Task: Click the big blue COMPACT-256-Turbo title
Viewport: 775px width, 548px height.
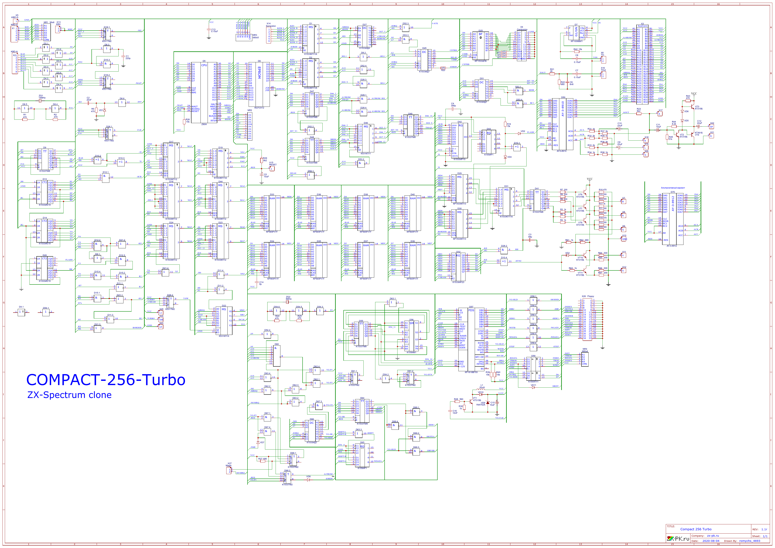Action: tap(106, 380)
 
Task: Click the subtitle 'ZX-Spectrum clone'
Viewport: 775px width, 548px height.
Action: tap(69, 395)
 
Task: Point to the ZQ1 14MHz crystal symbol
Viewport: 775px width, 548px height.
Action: tap(40, 101)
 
